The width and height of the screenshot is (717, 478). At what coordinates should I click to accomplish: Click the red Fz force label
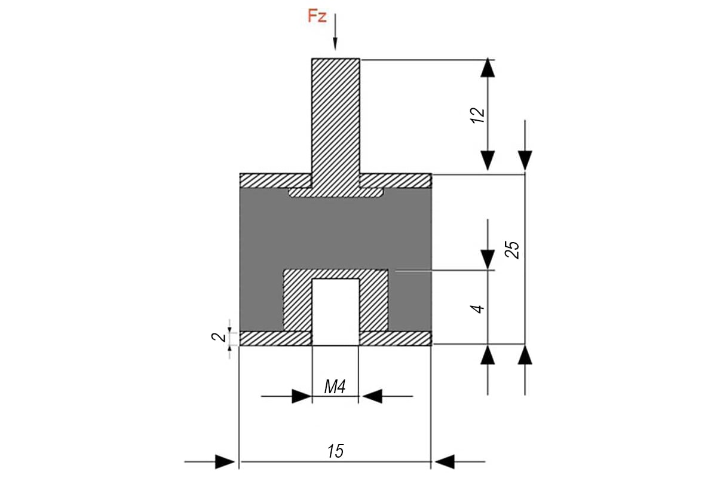[317, 16]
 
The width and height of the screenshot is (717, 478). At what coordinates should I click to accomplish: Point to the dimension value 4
[477, 308]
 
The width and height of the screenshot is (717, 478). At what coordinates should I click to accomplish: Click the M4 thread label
[335, 388]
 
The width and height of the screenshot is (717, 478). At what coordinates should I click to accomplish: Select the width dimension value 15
[336, 451]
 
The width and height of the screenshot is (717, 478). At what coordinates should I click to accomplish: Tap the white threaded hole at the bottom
[336, 311]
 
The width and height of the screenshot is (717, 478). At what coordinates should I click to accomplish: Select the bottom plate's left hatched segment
[275, 339]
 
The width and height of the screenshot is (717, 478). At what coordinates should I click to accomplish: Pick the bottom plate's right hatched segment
[395, 339]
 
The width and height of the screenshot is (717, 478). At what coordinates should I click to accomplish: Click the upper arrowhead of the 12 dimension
[488, 68]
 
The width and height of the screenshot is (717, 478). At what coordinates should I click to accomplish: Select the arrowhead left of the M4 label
[302, 396]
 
